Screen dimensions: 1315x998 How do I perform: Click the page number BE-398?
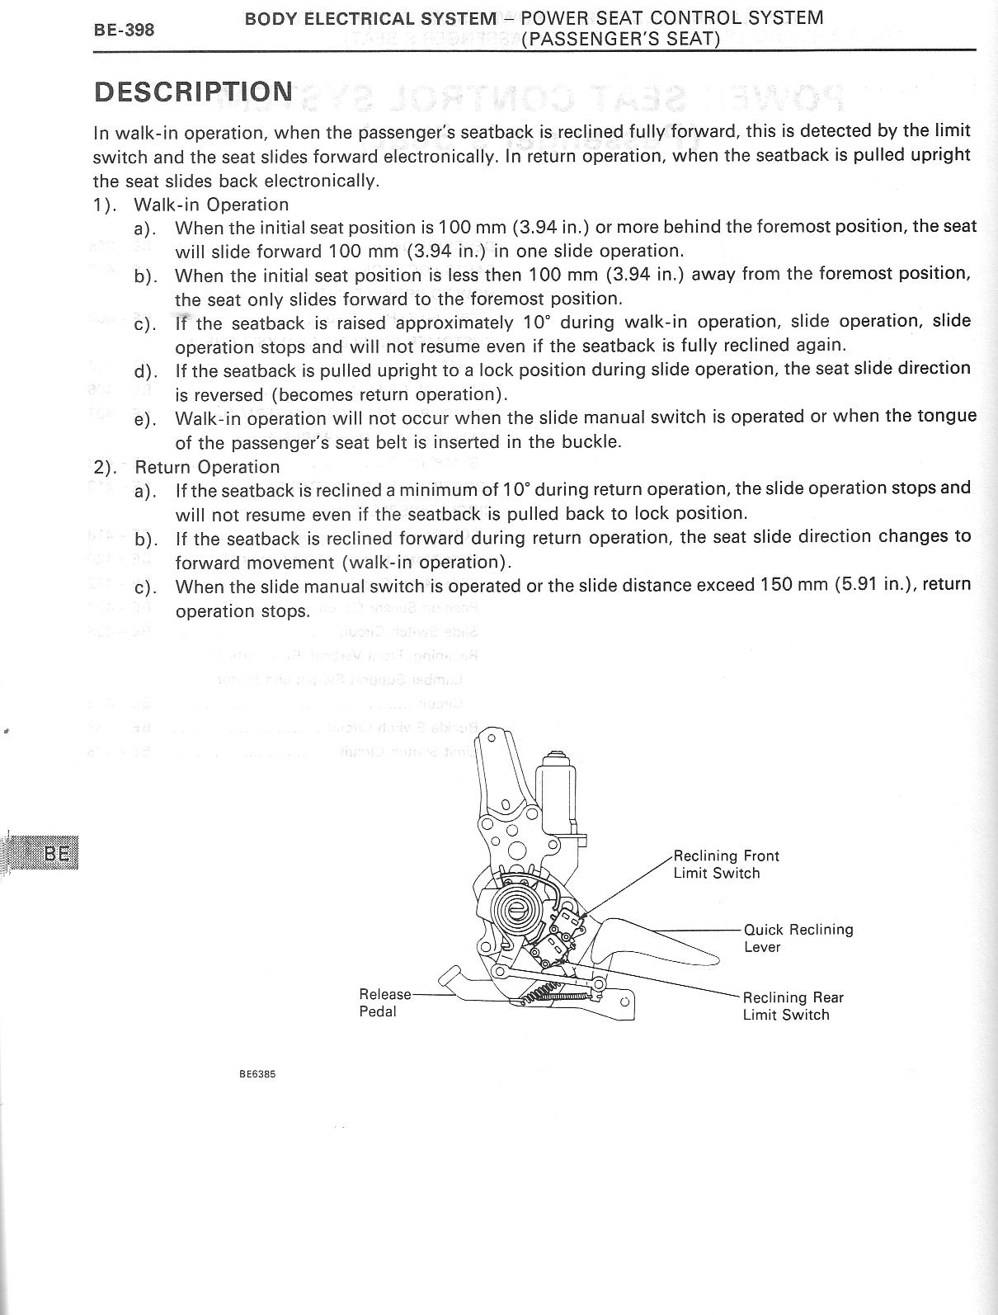pyautogui.click(x=123, y=31)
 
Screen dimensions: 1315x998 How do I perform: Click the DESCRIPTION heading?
pyautogui.click(x=193, y=92)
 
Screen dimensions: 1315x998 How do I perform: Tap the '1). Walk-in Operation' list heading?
pyautogui.click(x=191, y=204)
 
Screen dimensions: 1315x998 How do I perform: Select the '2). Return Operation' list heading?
pyautogui.click(x=186, y=466)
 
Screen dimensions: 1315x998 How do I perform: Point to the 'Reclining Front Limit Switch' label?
pyautogui.click(x=726, y=865)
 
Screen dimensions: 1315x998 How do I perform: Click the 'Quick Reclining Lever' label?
pyautogui.click(x=798, y=938)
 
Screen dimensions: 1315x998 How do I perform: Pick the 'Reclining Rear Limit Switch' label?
pyautogui.click(x=793, y=1006)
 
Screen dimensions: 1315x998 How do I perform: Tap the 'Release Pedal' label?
pyautogui.click(x=384, y=1002)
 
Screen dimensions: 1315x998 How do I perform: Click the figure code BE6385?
pyautogui.click(x=257, y=1075)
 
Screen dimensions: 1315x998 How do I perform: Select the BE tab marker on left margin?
pyautogui.click(x=57, y=853)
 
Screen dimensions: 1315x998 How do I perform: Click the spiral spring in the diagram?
pyautogui.click(x=518, y=908)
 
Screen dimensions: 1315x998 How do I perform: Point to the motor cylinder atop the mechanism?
pyautogui.click(x=560, y=793)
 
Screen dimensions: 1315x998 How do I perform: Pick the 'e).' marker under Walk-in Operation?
pyautogui.click(x=145, y=419)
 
